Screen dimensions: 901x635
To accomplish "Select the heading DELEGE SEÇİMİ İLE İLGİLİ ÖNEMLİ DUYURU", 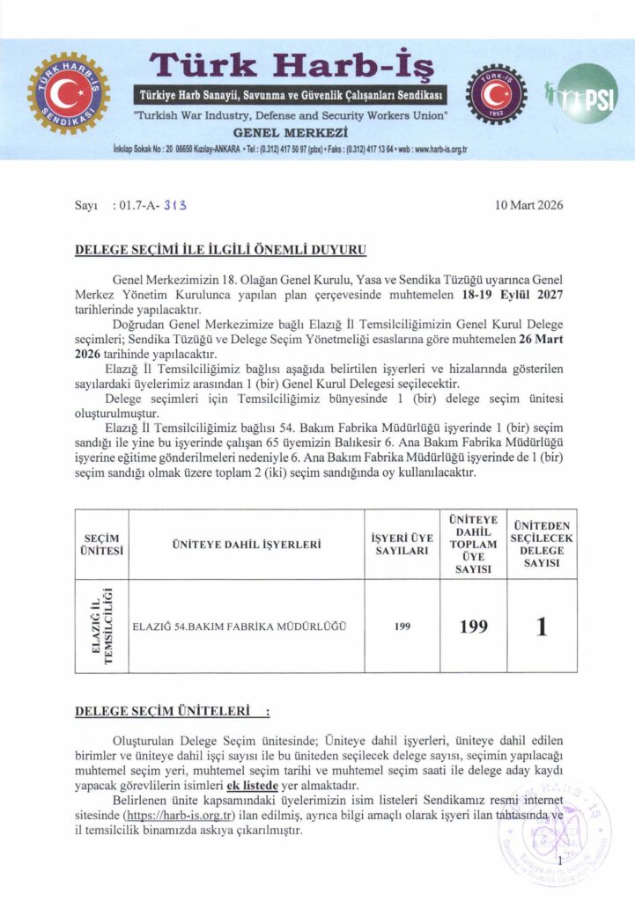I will pyautogui.click(x=221, y=250).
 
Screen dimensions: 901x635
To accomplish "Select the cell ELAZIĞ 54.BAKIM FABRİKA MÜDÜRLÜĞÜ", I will pyautogui.click(x=238, y=626).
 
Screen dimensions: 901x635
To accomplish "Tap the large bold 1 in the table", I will pyautogui.click(x=542, y=626).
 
